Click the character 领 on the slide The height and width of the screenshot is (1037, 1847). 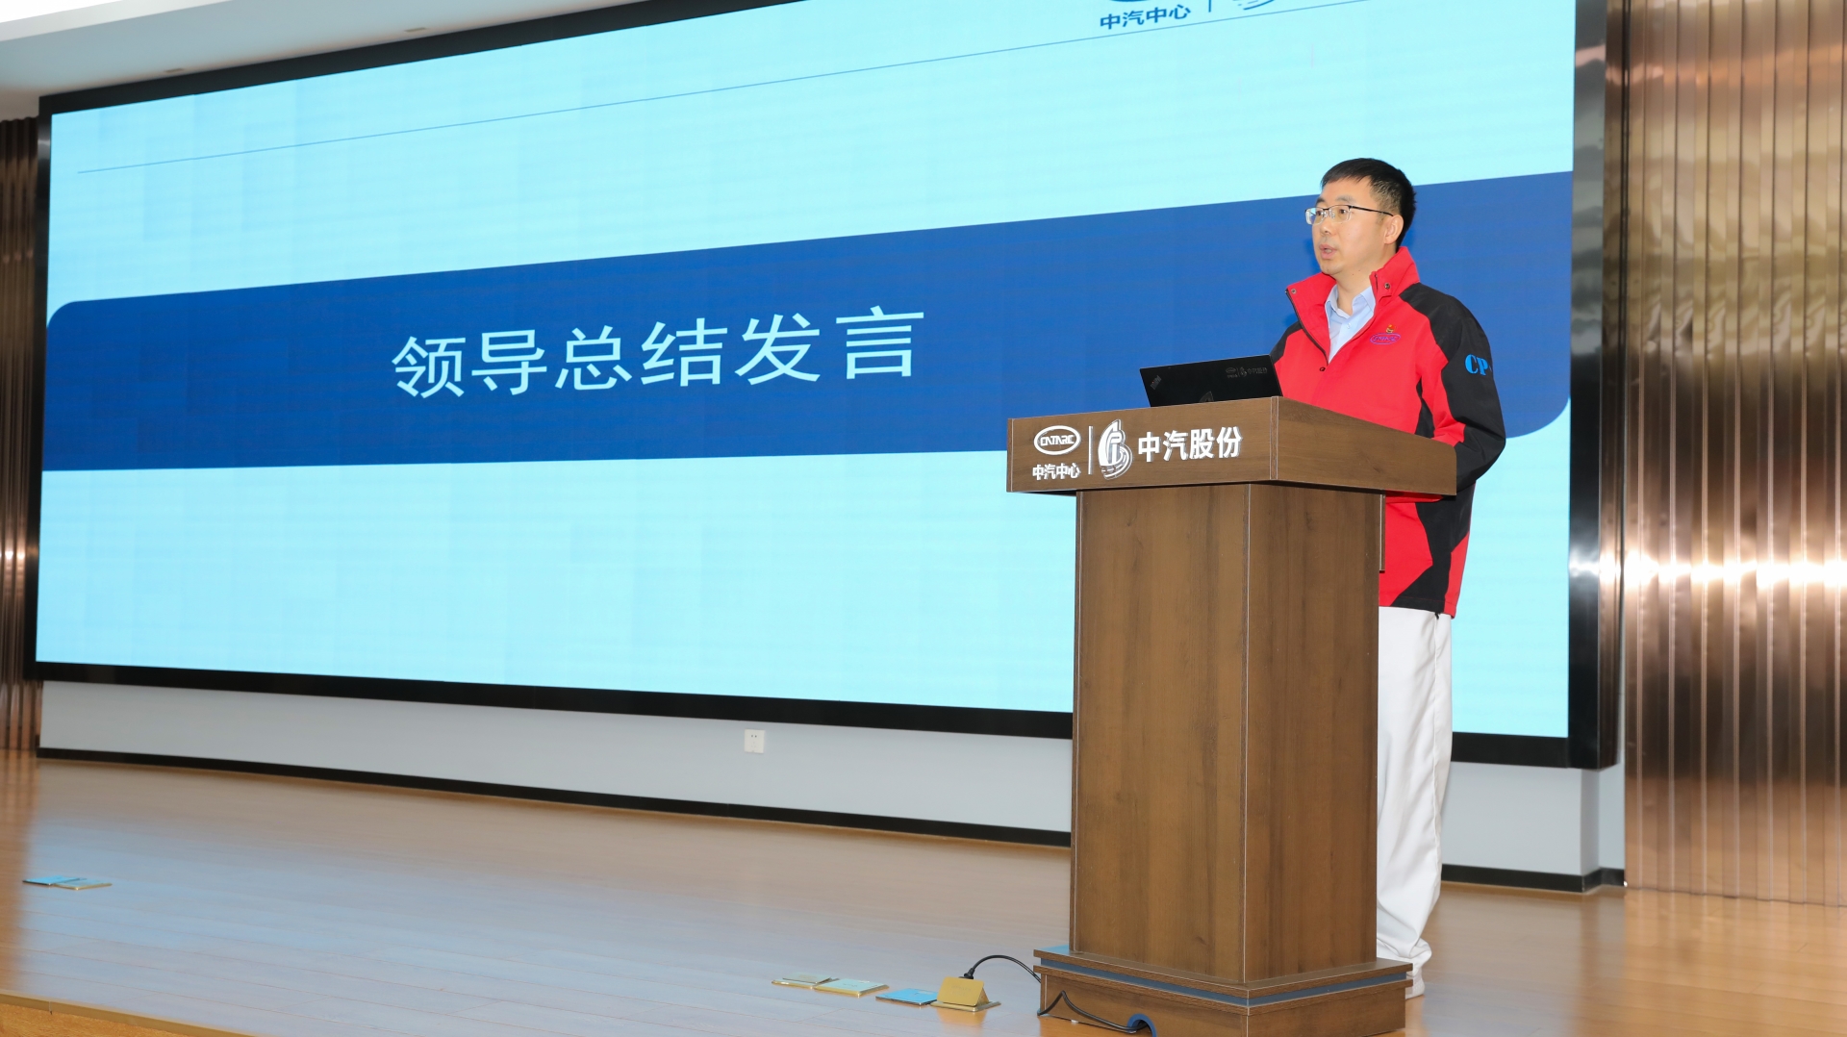pos(429,366)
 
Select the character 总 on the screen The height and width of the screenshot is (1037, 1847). pos(594,357)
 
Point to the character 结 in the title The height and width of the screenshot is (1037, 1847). pos(681,353)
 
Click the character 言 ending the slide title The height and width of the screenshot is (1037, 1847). pos(877,343)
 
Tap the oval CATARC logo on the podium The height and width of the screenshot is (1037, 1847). pos(1056,441)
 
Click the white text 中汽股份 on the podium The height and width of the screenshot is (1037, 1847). pos(1189,443)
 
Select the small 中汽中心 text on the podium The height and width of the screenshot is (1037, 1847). pos(1055,471)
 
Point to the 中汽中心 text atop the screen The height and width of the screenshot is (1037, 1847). pos(1145,16)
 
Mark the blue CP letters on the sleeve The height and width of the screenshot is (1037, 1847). pos(1476,365)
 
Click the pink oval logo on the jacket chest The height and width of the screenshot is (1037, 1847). pos(1385,338)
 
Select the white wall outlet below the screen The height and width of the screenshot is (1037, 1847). pos(754,741)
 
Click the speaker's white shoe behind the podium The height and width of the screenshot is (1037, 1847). pos(1414,983)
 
